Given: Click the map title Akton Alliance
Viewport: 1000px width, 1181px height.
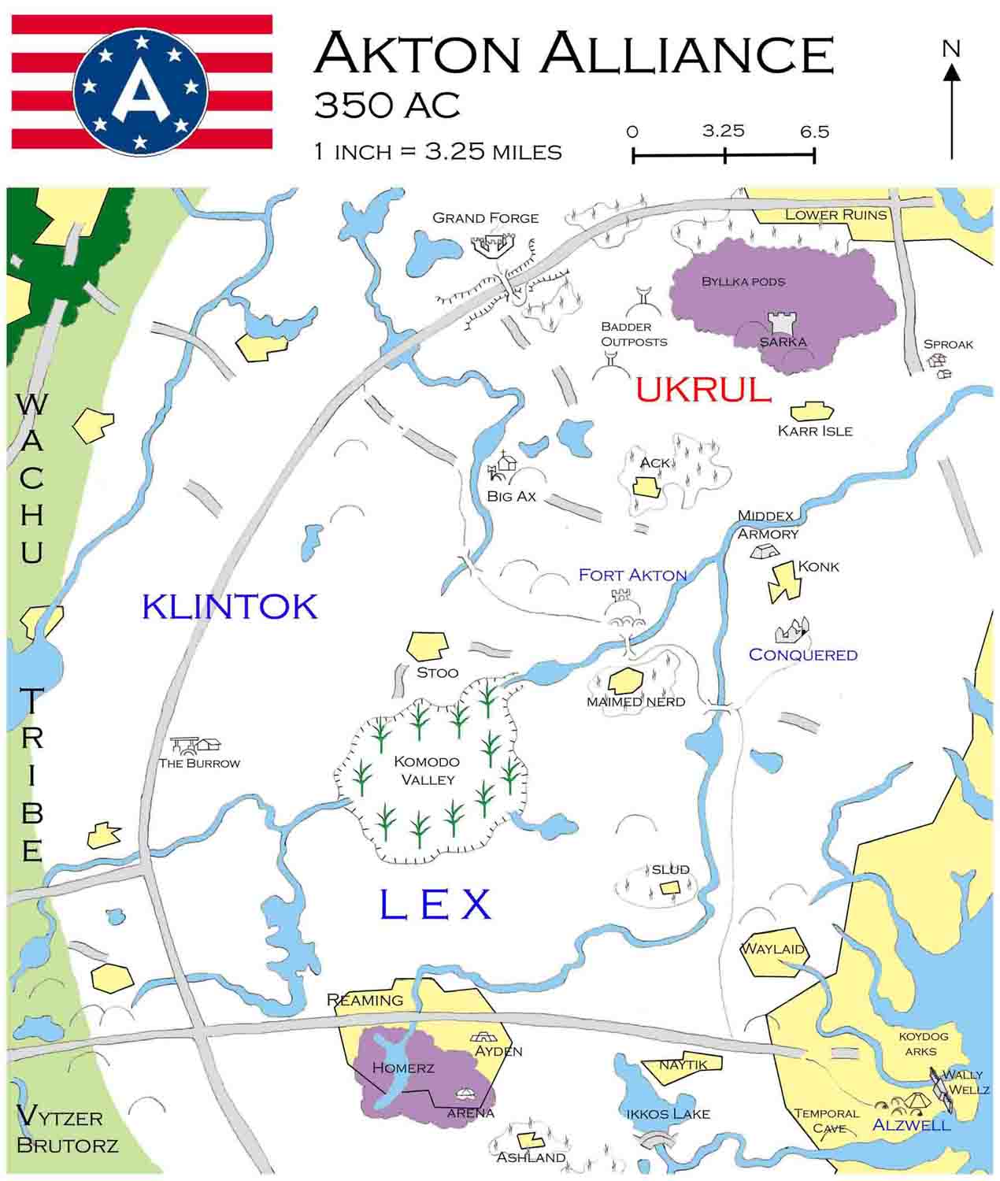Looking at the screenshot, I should point(572,53).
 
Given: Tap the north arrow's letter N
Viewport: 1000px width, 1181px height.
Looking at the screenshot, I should point(951,49).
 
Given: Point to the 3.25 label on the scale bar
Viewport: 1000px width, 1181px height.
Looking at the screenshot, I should point(723,131).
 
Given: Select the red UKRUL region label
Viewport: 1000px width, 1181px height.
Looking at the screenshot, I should point(703,390).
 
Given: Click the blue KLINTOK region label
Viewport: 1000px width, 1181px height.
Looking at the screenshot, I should point(230,606).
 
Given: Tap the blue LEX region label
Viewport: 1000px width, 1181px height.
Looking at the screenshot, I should point(435,905).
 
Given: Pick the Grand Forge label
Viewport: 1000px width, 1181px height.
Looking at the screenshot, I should point(485,217).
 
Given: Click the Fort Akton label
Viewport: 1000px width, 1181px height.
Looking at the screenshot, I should point(632,575).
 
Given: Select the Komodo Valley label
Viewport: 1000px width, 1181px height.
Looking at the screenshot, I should point(426,770).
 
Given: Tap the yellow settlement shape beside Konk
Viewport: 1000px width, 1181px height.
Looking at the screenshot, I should point(783,582).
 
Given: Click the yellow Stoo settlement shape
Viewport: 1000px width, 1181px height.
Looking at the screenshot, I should point(427,645).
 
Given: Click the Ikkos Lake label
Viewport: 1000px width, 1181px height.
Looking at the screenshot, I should point(668,1113).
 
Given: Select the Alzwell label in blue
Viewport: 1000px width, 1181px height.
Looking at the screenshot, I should point(911,1124).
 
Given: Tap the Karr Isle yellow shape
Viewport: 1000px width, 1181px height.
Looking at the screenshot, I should point(812,411).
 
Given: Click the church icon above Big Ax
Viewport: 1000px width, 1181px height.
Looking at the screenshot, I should point(506,461).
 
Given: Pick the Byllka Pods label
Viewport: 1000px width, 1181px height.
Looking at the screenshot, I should point(743,281).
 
